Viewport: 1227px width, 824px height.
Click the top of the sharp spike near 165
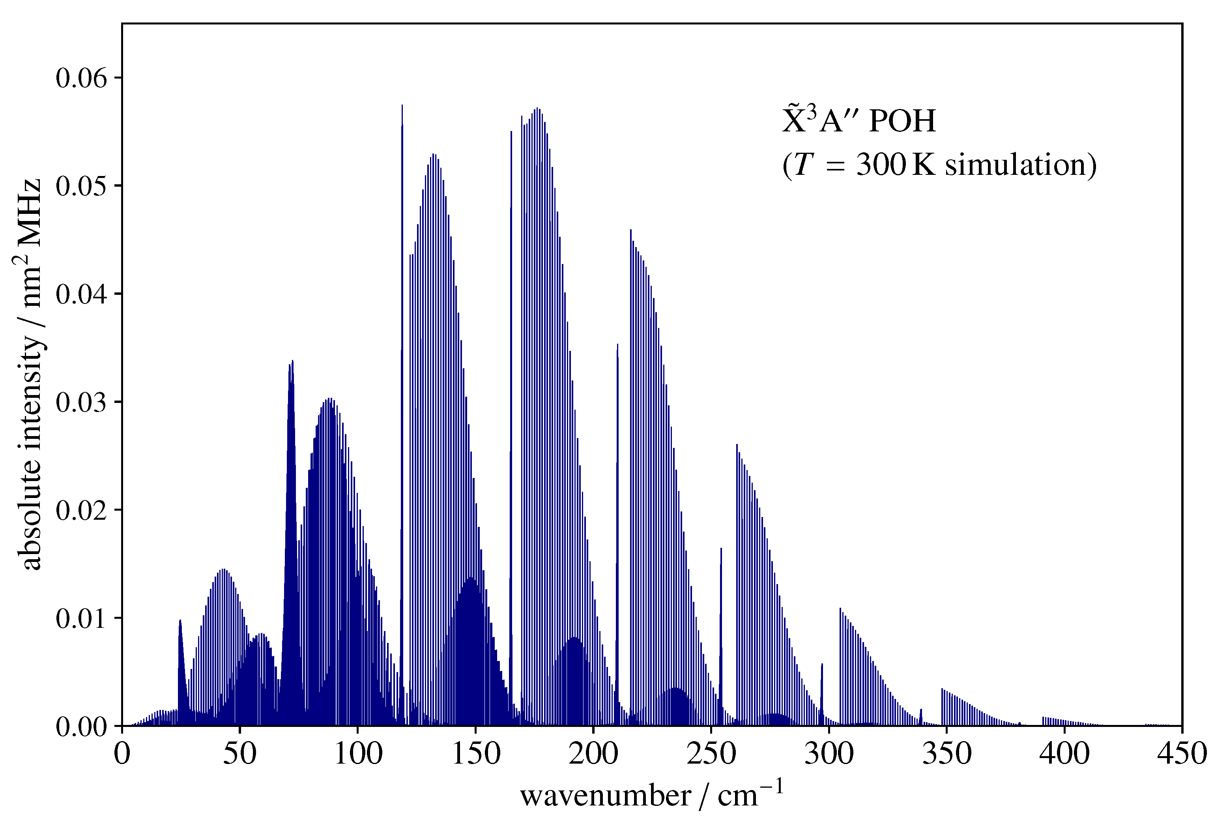coord(511,131)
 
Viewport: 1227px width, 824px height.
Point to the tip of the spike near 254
coord(721,548)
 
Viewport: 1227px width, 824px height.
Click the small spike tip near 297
coord(822,664)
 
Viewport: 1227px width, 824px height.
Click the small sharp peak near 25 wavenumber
coord(180,620)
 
